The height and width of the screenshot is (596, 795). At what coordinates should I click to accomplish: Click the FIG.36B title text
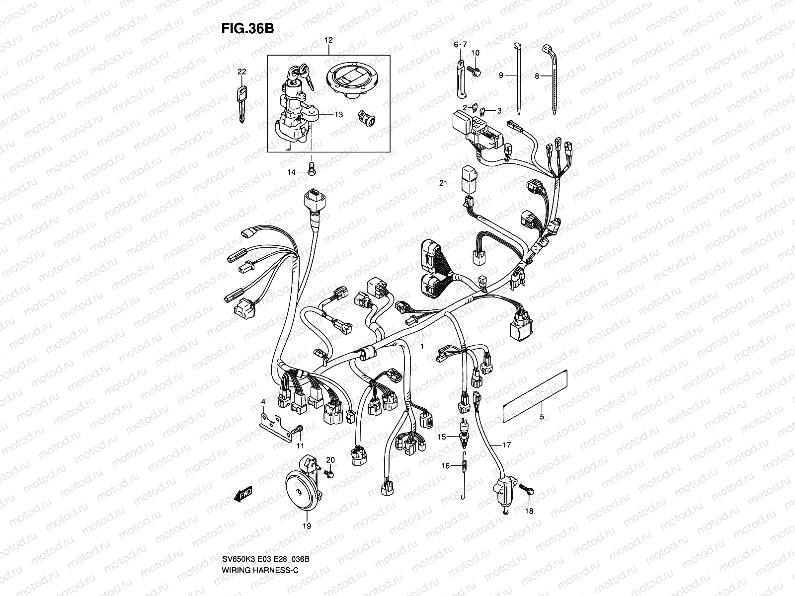(247, 28)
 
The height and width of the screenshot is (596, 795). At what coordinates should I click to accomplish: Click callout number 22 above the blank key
(241, 72)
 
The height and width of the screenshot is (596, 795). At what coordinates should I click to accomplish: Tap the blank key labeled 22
(241, 102)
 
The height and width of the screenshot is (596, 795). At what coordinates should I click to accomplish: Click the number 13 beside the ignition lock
(338, 115)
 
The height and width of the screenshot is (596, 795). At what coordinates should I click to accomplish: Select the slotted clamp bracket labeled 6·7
(460, 78)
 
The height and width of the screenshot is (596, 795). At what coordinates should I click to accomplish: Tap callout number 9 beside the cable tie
(501, 75)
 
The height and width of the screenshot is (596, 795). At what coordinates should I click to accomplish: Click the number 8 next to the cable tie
(537, 76)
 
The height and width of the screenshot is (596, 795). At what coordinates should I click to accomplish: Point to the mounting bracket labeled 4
(276, 422)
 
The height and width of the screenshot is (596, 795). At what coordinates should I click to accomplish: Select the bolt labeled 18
(528, 490)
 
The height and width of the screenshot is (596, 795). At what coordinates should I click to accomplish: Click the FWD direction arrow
(243, 495)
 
